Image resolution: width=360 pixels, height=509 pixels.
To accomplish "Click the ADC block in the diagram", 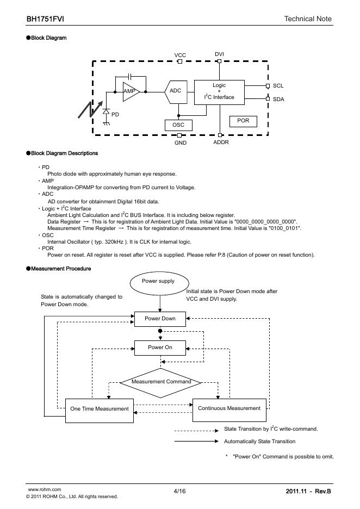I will [175, 91].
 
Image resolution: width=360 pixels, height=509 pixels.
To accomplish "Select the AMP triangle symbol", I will [131, 91].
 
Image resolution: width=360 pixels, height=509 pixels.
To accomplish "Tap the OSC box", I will [178, 125].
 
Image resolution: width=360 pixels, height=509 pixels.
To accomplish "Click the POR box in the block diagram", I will [243, 121].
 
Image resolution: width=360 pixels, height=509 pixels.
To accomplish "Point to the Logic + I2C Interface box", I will [219, 91].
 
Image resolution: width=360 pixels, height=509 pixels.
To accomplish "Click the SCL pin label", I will [278, 86].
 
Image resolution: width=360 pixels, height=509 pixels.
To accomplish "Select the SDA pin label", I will [278, 99].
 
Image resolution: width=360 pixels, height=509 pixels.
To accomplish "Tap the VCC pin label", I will [180, 55].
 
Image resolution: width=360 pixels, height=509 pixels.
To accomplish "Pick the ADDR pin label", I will [221, 142].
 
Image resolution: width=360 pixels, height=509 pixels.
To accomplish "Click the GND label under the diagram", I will [181, 142].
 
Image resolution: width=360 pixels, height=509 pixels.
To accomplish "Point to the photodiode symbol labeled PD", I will [105, 112].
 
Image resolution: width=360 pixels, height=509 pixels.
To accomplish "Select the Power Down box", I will [160, 319].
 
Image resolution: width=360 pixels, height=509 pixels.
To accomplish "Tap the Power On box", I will [160, 347].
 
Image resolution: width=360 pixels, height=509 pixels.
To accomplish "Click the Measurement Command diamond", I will [160, 382].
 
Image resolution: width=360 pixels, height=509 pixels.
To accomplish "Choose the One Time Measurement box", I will [100, 408].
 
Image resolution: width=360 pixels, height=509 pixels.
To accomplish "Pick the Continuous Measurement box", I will [229, 408].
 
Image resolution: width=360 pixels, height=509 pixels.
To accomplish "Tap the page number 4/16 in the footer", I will [179, 492].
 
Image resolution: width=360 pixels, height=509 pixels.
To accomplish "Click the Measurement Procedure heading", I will [61, 269].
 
